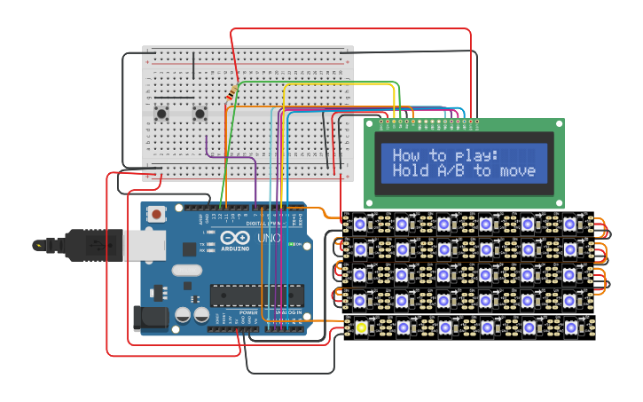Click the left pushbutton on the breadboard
pos(162,113)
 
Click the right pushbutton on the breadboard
pos(200,113)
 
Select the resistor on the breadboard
pos(231,93)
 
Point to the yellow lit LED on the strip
pos(361,327)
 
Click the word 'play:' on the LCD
pos(477,155)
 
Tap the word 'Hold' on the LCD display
pos(410,170)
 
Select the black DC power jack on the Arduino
pos(149,319)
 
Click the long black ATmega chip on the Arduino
pos(257,296)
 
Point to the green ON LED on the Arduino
pos(299,244)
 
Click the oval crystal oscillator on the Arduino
pos(187,271)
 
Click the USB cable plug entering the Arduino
pos(89,243)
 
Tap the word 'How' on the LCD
pos(407,155)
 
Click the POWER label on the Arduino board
pos(248,312)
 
